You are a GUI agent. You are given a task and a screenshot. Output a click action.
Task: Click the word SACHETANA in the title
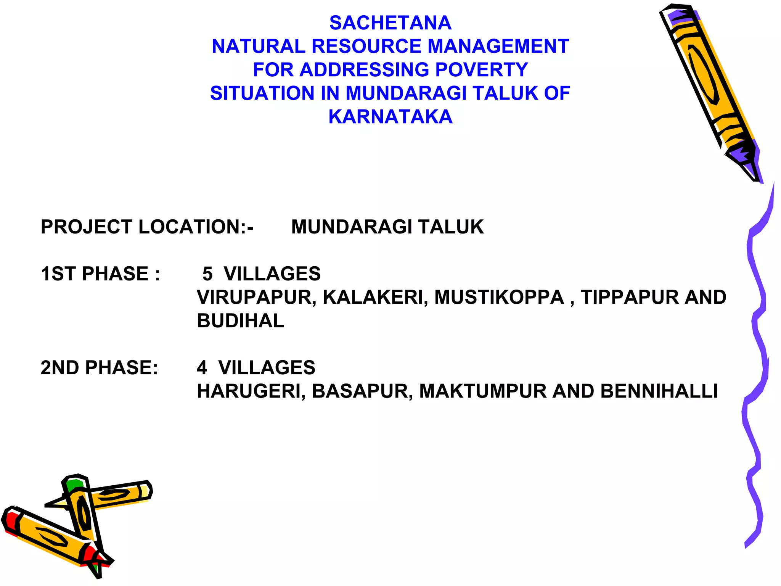[390, 23]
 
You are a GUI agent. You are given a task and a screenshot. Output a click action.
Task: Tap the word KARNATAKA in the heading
[390, 117]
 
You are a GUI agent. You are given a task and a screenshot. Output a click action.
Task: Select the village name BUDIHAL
[240, 321]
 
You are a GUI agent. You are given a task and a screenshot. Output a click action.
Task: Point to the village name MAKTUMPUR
[483, 391]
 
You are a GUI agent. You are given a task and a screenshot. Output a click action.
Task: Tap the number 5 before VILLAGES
[207, 274]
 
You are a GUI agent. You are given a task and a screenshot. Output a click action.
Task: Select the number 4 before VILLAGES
[202, 368]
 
